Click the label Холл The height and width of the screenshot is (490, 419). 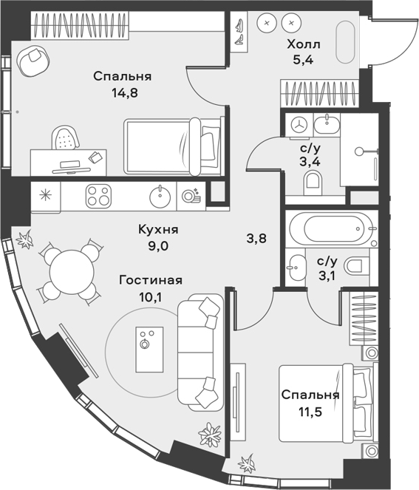[x=304, y=44]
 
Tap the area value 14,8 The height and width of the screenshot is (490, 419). [x=125, y=93]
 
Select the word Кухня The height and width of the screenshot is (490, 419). [x=158, y=230]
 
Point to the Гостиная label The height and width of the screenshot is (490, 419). [x=151, y=280]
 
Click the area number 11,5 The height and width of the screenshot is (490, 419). [x=310, y=412]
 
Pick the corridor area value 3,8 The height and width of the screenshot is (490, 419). [x=256, y=239]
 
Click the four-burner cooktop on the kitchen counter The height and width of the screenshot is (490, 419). [x=98, y=196]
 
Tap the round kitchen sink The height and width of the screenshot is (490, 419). [x=160, y=196]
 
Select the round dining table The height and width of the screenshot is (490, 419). [x=72, y=272]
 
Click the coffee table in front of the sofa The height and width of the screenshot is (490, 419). [x=149, y=350]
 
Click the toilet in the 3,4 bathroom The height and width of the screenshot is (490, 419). [x=312, y=183]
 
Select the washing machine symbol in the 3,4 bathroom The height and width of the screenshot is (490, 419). [x=299, y=125]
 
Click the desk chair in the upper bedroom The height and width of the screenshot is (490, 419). [x=65, y=137]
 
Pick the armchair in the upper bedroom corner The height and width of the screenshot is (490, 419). [x=33, y=61]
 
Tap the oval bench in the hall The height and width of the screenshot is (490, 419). [x=345, y=42]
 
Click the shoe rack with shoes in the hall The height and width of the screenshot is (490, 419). [x=239, y=33]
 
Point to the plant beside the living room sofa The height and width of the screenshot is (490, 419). [x=210, y=434]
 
